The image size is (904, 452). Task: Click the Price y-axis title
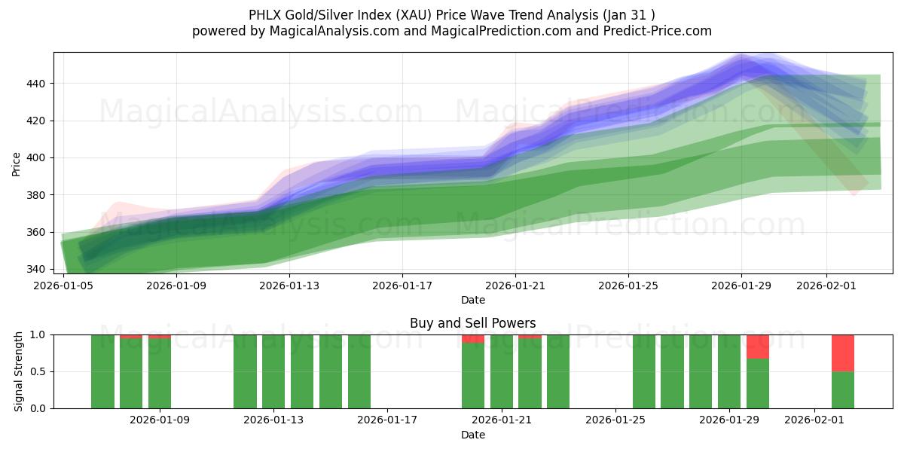coord(17,163)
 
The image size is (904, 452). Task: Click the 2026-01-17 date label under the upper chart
coord(402,286)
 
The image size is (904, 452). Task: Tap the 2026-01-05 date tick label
coord(63,286)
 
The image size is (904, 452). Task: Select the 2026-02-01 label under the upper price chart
coord(826,286)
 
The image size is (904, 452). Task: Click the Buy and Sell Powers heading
coord(472,323)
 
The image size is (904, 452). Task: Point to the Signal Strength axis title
coord(20,371)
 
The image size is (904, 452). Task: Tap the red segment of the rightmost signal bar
coord(843,353)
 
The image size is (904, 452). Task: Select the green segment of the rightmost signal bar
coord(843,390)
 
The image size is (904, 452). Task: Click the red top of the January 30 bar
coord(758,347)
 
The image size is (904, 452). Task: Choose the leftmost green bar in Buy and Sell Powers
coord(102,371)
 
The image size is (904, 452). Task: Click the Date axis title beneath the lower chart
coord(472,435)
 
